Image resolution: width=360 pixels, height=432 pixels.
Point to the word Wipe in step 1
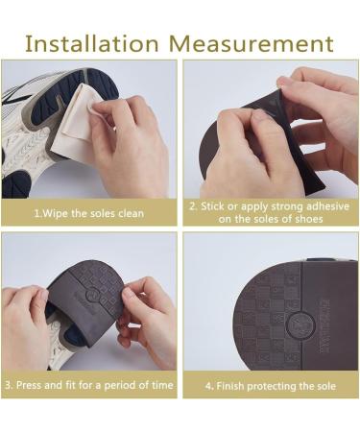(x=56, y=213)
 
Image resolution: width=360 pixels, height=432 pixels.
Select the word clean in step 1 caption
(x=130, y=213)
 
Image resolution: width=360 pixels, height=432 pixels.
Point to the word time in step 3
(x=158, y=385)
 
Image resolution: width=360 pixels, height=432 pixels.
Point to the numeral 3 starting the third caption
(x=8, y=385)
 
